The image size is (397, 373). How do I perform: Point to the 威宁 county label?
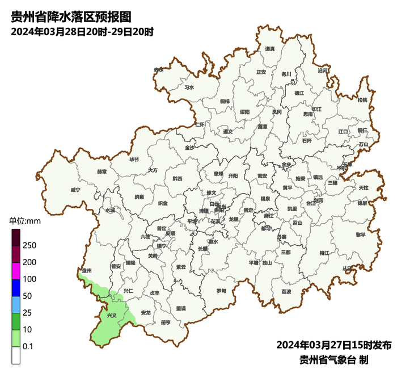coord(76,190)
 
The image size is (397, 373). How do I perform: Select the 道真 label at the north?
coord(270,49)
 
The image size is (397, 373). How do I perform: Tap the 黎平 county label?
coord(361,234)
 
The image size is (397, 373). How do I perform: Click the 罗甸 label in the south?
coord(221,291)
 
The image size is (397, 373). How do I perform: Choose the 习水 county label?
coord(189,88)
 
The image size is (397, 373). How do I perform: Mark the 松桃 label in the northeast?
coord(362,100)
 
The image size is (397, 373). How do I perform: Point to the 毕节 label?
coord(134,160)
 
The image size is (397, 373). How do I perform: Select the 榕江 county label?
coord(324,253)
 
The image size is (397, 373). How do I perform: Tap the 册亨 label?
coord(166,322)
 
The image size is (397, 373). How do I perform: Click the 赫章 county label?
coord(102,171)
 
